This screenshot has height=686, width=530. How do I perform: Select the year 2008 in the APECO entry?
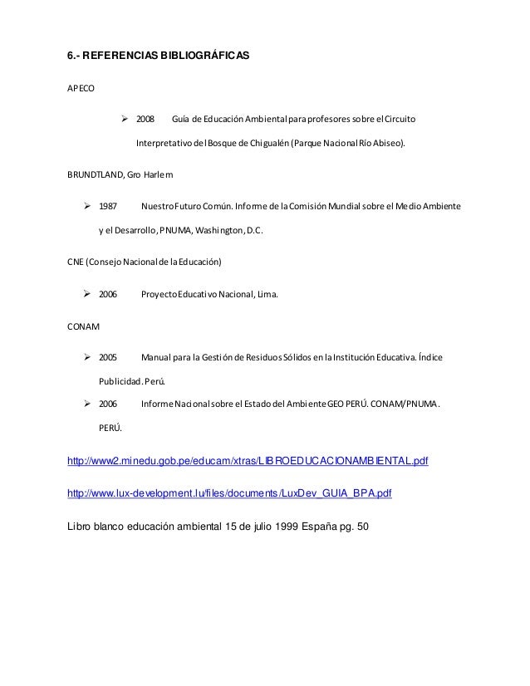[145, 120]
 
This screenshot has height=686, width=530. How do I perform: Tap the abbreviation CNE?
[76, 262]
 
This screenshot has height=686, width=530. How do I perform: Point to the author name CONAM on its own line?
[83, 326]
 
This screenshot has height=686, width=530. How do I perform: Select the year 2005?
[108, 358]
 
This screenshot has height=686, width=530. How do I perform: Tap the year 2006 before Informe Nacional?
[108, 404]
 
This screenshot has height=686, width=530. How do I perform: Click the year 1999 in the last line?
[278, 525]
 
